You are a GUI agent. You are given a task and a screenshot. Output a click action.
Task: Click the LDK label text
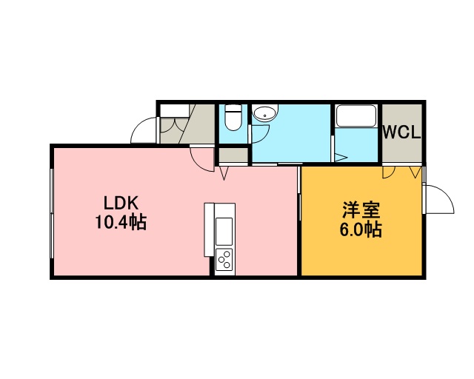pos(121,203)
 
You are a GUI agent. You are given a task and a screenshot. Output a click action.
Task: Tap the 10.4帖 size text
pos(121,222)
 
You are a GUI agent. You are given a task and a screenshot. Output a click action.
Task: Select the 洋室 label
pos(361,210)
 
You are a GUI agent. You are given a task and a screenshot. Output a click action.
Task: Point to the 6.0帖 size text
pos(361,229)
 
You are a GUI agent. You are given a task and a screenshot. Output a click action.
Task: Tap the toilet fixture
pos(233,117)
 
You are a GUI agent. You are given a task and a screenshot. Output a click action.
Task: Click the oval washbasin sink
pos(265,114)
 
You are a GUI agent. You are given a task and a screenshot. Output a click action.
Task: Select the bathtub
pos(356,116)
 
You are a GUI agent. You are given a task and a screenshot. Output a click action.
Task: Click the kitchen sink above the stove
pos(224,232)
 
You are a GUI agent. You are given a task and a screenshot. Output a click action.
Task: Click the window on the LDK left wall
pos(52,213)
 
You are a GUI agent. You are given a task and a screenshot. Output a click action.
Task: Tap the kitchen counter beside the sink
pos(209,229)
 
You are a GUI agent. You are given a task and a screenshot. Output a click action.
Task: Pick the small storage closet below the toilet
pos(233,155)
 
